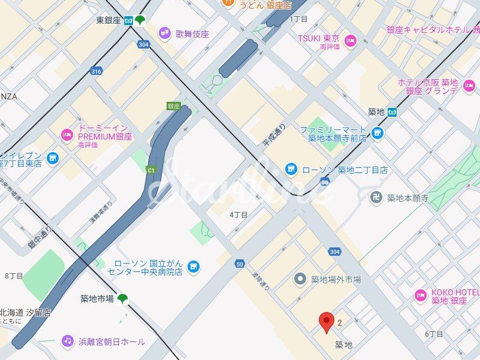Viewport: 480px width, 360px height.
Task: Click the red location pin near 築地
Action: coord(326,322)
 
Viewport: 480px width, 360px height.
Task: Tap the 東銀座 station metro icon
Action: coord(129,21)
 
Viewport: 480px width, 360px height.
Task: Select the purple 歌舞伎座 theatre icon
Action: coord(164,34)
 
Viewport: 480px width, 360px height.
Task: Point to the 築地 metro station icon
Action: coord(392,112)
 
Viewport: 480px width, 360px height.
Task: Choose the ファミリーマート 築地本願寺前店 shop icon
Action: coord(377,133)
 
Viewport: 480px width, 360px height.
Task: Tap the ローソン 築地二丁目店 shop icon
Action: coord(291,170)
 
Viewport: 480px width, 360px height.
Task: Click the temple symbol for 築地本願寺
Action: coord(376,198)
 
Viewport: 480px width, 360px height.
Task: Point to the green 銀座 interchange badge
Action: coord(173,106)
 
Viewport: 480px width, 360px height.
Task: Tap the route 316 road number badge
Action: coord(96,71)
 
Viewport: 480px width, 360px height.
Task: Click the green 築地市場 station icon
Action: coord(122,298)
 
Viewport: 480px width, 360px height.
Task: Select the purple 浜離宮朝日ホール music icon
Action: coord(67,341)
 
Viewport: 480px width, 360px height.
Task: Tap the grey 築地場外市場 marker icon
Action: coord(301,279)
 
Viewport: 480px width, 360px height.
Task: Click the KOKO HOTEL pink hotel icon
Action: coord(421,295)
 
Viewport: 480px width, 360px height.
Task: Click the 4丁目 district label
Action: coord(239,214)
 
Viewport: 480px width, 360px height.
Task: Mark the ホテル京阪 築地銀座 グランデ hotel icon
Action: coord(469,87)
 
